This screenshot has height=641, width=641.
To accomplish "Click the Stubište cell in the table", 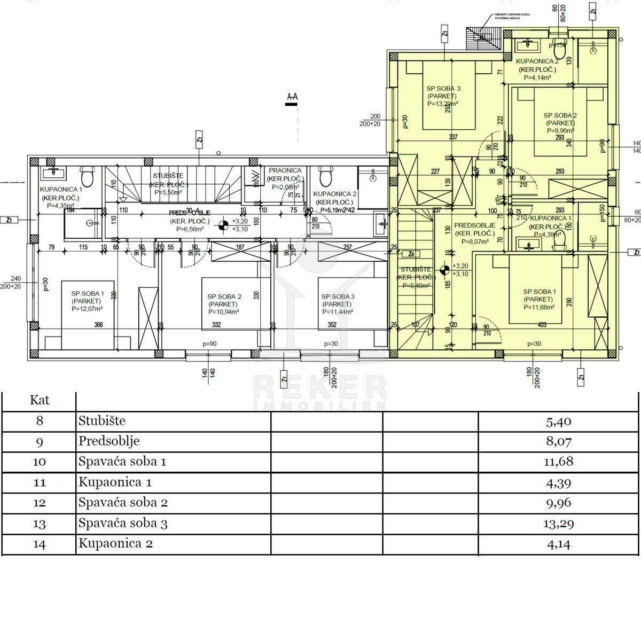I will click(x=102, y=421).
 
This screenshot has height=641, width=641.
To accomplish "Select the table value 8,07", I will click(x=558, y=442).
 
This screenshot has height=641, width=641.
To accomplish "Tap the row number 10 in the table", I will click(x=40, y=462).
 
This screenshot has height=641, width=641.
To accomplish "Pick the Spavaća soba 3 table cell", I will click(x=123, y=523).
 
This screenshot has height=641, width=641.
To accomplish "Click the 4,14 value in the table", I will click(x=558, y=544).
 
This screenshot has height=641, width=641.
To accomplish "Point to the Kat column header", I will click(x=40, y=400).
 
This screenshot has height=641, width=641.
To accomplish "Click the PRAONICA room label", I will click(x=285, y=170).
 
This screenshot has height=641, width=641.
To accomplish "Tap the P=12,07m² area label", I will click(x=87, y=308).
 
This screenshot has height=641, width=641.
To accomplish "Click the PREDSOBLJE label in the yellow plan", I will click(x=475, y=225).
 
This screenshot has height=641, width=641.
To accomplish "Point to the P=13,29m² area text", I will click(x=443, y=104).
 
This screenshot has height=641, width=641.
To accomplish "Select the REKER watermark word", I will click(x=319, y=387).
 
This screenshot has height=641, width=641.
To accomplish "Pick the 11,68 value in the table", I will click(x=558, y=462).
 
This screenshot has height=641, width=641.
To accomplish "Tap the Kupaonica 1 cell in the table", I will click(x=115, y=482).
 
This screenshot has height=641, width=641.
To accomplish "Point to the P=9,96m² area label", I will click(x=560, y=130).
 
